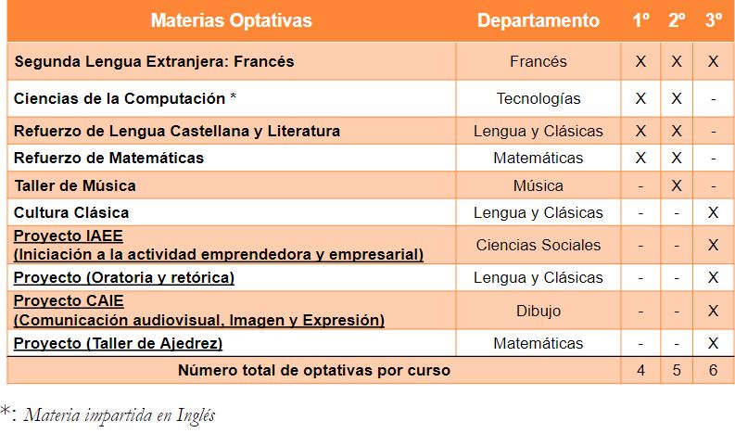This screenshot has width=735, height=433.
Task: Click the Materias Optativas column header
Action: click(x=231, y=20)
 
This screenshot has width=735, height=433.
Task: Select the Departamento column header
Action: click(x=539, y=20)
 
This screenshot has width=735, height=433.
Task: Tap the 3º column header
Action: click(x=714, y=20)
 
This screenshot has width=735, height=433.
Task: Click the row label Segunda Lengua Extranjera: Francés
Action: click(x=154, y=61)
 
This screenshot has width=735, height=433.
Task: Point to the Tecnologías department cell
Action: click(x=539, y=98)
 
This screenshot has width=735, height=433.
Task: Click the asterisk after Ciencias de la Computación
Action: click(x=233, y=96)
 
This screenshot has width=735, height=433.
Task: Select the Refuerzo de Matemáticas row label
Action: click(x=108, y=159)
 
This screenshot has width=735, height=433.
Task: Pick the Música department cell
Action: click(x=539, y=185)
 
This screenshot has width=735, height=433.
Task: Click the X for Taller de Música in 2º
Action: click(x=677, y=185)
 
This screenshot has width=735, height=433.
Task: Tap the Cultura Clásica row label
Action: click(x=71, y=212)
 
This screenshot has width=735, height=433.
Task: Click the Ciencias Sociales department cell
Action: click(x=539, y=245)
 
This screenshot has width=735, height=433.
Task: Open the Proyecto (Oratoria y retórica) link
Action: click(x=124, y=278)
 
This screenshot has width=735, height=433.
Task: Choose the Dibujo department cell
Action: click(x=539, y=311)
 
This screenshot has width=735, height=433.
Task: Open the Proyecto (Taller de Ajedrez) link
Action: click(x=118, y=343)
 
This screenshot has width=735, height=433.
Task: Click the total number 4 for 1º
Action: click(x=640, y=370)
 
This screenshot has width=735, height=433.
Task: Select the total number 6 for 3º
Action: click(x=713, y=370)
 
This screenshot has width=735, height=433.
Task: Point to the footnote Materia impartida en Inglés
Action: click(x=120, y=415)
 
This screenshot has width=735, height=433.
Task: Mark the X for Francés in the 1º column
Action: click(x=640, y=61)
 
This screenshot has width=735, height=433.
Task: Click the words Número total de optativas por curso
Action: click(x=314, y=370)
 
